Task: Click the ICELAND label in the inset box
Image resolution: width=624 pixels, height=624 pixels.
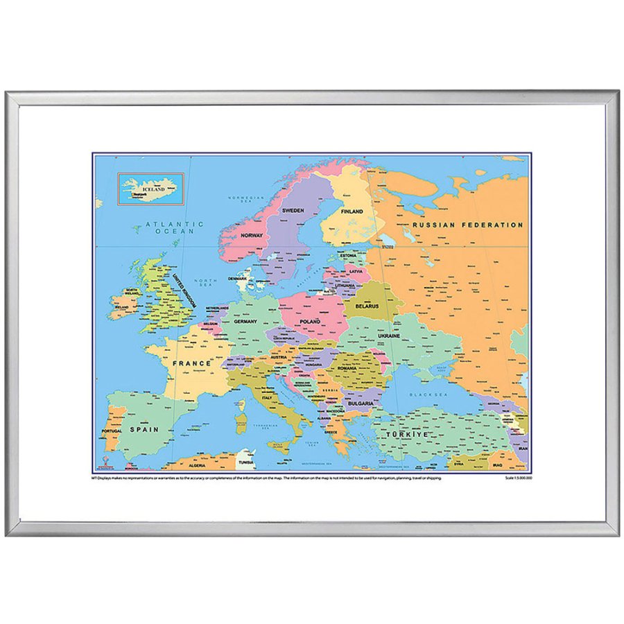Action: point(153,189)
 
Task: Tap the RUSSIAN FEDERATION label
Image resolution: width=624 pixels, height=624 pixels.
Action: point(467,225)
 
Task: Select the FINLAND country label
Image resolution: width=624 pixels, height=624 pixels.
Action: point(352,211)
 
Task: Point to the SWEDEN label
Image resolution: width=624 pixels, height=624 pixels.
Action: point(293,209)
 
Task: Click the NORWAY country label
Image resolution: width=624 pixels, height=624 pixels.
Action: point(251,236)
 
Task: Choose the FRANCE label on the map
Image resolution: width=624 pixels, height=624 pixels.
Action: point(191,363)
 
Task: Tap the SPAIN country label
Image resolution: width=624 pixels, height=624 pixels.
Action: point(144,429)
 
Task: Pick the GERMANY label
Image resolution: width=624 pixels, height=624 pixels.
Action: point(245,322)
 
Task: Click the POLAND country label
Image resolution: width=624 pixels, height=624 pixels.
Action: point(310,322)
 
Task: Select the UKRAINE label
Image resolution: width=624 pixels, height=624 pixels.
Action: point(388,336)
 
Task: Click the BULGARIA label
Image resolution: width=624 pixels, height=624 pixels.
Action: point(361,403)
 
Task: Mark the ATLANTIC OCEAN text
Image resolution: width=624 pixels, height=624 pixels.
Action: point(175,227)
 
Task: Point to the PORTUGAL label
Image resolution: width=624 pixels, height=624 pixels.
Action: point(111,431)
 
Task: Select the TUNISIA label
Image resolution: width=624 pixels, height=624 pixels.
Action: point(246,462)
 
